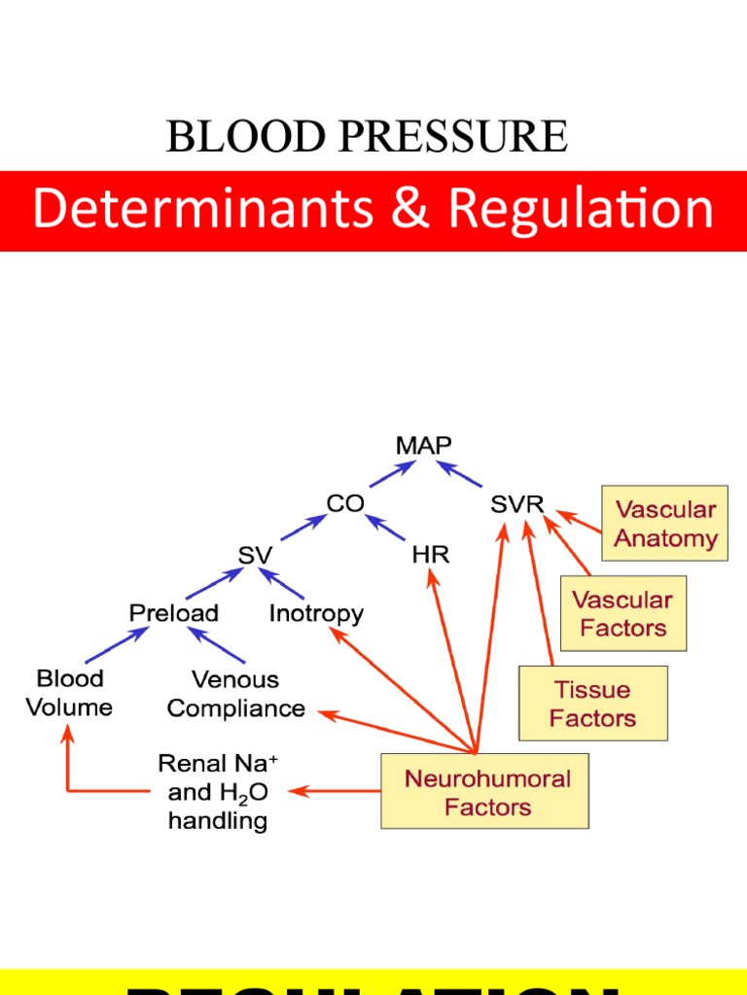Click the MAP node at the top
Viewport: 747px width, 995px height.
[423, 445]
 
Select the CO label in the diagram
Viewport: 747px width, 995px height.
[345, 503]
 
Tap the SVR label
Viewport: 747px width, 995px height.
[517, 505]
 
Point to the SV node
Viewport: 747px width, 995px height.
[255, 555]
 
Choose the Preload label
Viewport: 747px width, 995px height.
[174, 613]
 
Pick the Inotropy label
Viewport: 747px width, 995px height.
[316, 613]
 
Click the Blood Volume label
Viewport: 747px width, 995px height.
[69, 692]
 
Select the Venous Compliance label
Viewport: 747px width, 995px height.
[235, 694]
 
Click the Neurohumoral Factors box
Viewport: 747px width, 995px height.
[484, 792]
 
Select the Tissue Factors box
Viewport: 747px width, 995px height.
[592, 703]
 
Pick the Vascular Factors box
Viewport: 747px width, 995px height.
[623, 613]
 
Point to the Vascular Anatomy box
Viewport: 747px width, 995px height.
[665, 524]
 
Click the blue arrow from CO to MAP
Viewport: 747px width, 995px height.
[388, 473]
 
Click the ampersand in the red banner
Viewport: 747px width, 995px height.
[409, 211]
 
